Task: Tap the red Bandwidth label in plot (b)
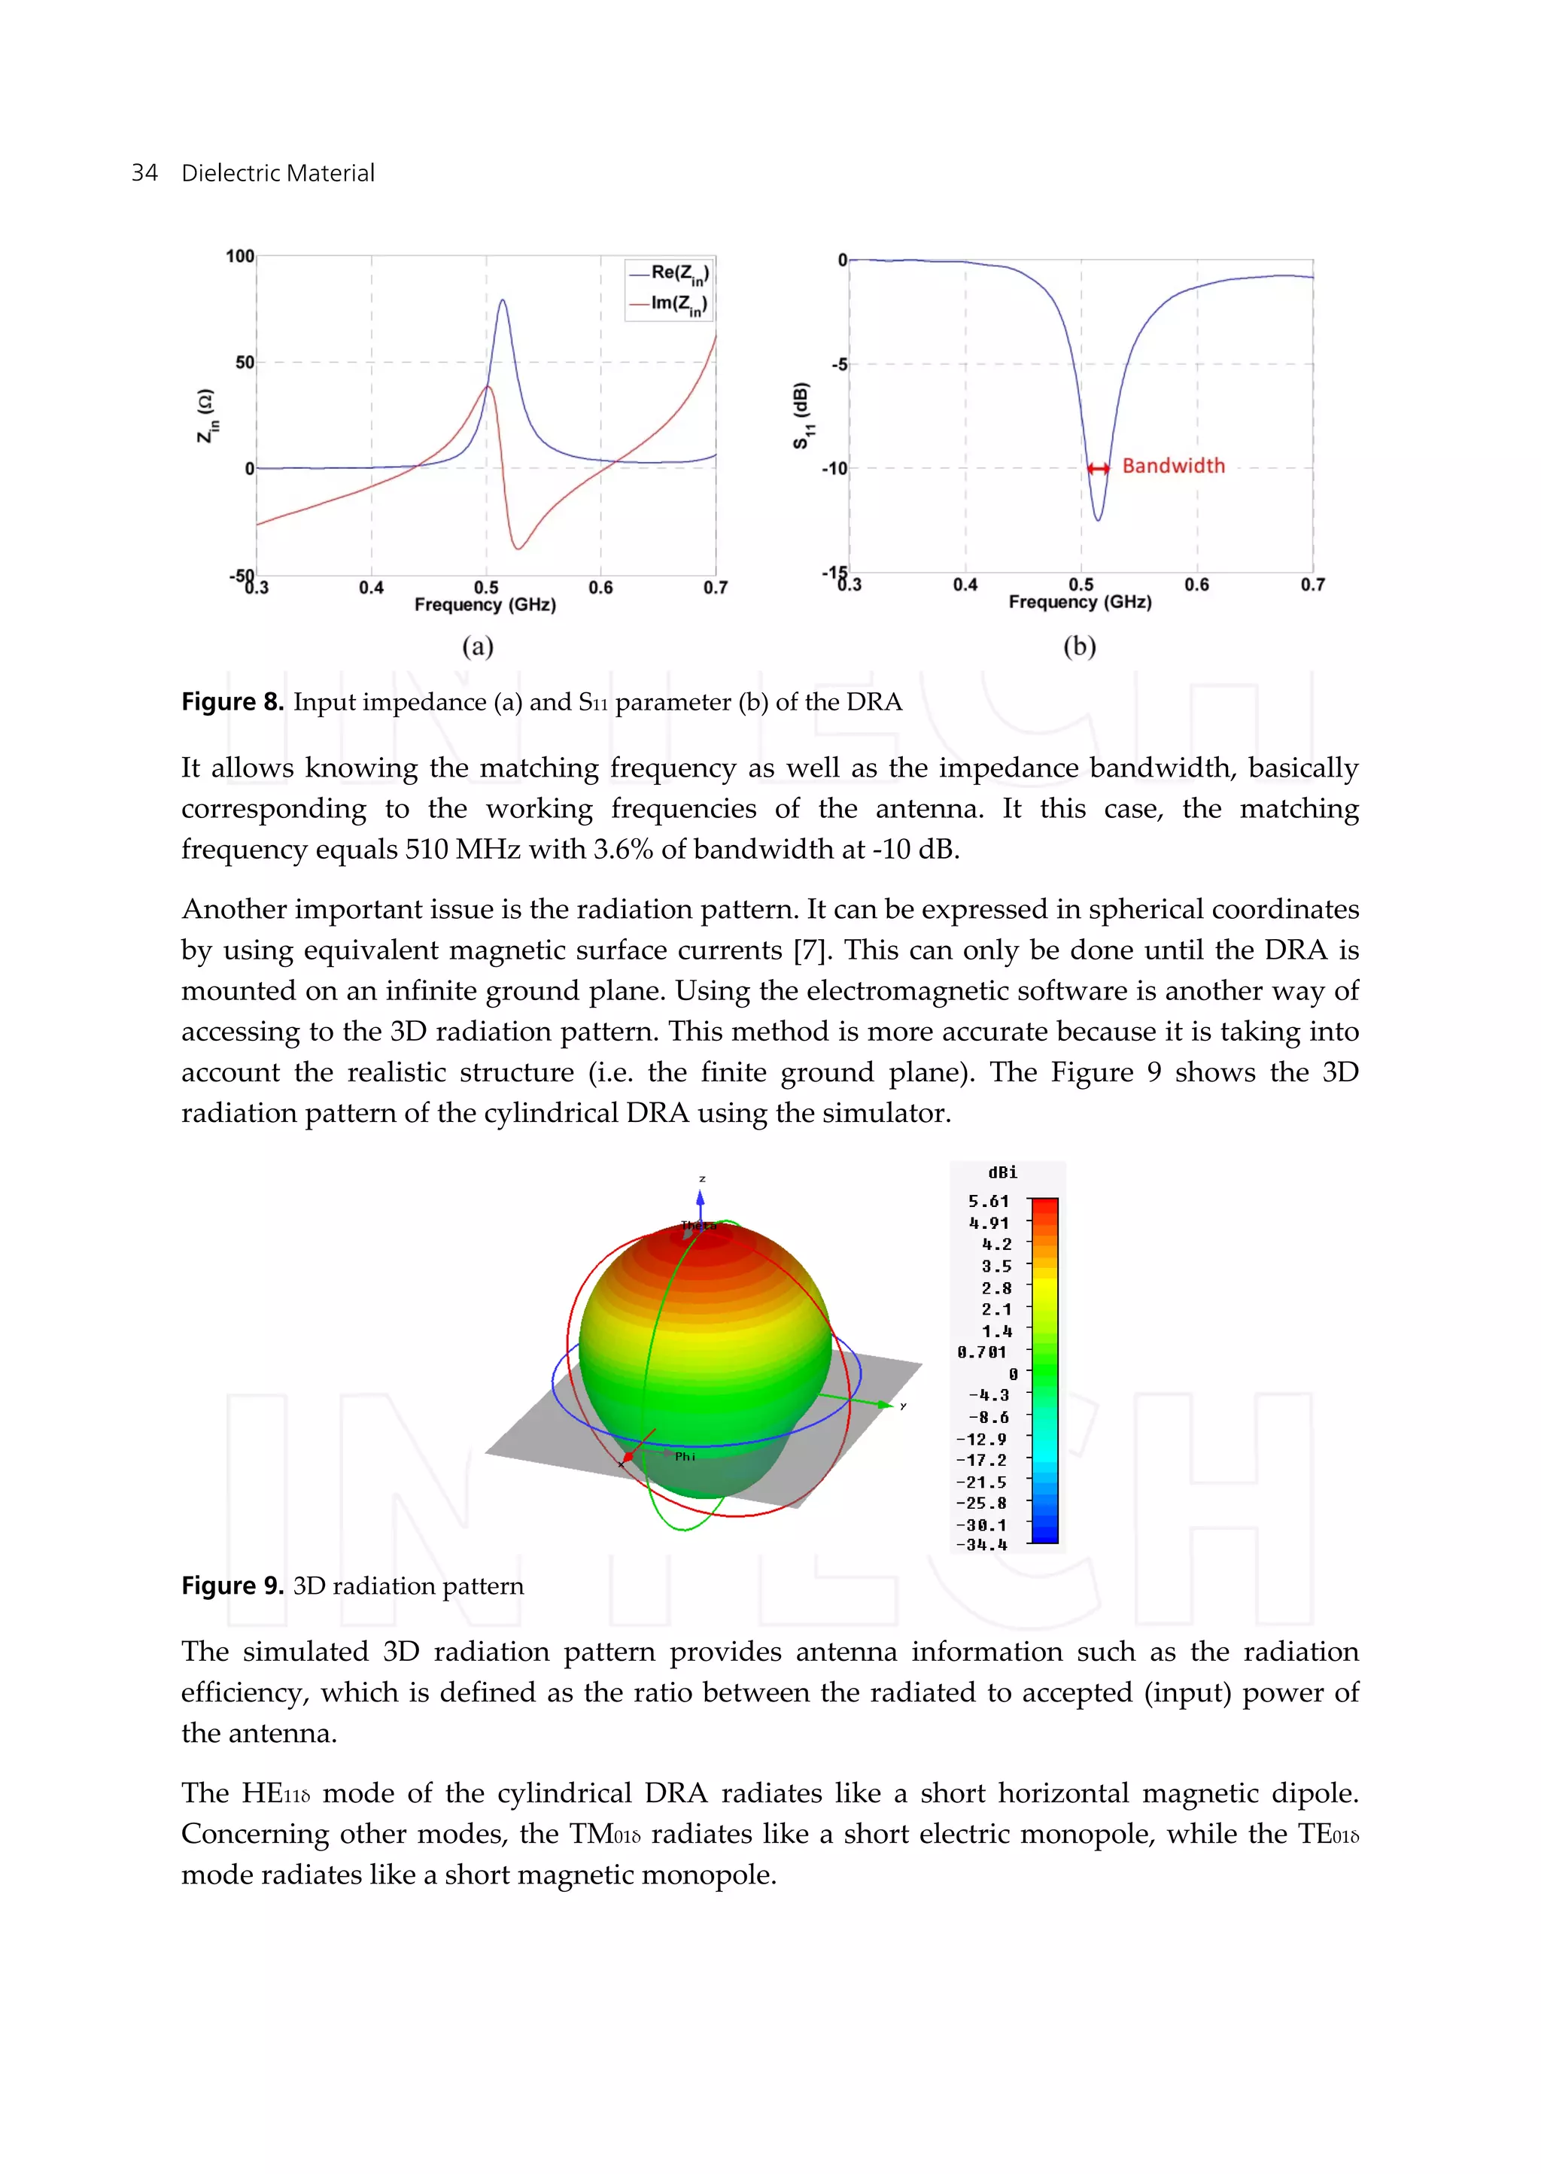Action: point(1173,466)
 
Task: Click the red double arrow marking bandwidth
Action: point(1098,468)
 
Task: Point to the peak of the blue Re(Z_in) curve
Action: point(502,301)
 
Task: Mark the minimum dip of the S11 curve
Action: point(1098,519)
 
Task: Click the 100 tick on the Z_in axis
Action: point(239,256)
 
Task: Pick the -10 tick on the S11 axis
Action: point(833,469)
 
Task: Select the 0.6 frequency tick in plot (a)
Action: point(600,588)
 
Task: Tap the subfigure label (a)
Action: point(477,646)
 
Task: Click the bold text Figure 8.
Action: point(233,702)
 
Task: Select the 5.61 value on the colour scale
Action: point(988,1201)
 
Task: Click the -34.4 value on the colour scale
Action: point(982,1545)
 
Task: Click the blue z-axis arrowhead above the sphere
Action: point(701,1200)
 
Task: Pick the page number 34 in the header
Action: point(144,173)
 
